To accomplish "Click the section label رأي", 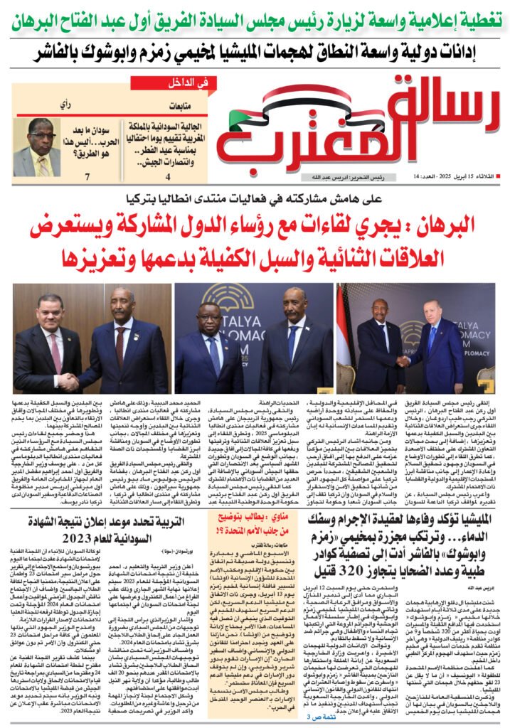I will pyautogui.click(x=65, y=105).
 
